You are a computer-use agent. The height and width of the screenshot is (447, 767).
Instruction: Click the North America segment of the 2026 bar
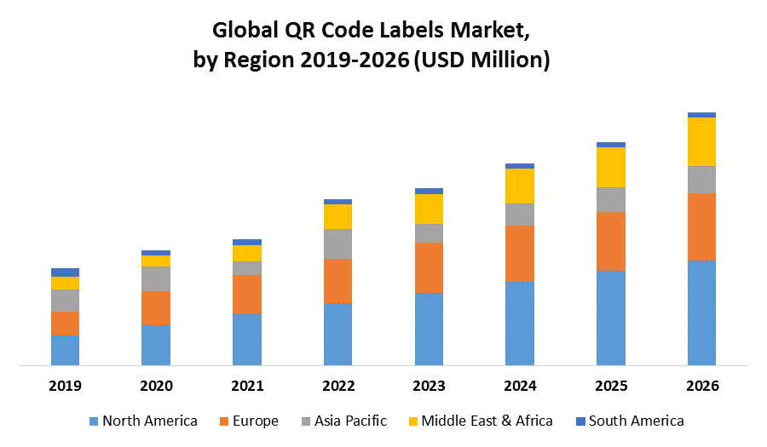tap(701, 312)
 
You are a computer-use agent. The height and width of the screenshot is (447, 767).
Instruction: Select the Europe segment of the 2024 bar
tap(520, 254)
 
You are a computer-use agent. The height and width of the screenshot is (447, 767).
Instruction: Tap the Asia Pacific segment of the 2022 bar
tap(338, 244)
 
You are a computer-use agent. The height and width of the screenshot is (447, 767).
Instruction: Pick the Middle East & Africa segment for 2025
tap(611, 167)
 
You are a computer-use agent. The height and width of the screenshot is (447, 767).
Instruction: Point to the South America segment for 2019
tap(65, 272)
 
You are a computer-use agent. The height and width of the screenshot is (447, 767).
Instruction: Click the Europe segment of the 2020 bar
tap(156, 307)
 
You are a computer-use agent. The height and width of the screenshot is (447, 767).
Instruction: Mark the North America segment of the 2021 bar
tap(247, 340)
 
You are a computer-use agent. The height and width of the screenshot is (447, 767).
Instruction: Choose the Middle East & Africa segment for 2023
tap(429, 209)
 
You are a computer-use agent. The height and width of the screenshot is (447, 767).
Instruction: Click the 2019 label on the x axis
tap(65, 386)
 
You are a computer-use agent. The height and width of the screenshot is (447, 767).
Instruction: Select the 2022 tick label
tap(338, 386)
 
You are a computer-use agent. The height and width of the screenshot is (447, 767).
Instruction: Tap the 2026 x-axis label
tap(701, 386)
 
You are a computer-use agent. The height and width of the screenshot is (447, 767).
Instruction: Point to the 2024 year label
tap(520, 386)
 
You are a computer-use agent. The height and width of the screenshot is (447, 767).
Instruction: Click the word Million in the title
tap(506, 61)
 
